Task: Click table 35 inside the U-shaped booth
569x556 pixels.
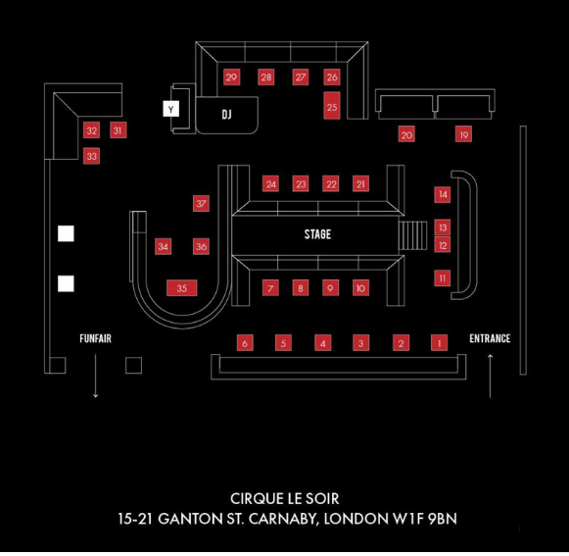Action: pyautogui.click(x=182, y=288)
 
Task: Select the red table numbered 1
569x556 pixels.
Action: pyautogui.click(x=439, y=342)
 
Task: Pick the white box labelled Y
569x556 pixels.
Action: pyautogui.click(x=171, y=109)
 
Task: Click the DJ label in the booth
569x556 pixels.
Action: pyautogui.click(x=227, y=115)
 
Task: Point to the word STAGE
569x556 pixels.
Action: pyautogui.click(x=317, y=234)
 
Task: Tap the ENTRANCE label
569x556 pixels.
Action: pyautogui.click(x=490, y=338)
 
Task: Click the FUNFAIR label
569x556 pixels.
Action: pyautogui.click(x=95, y=338)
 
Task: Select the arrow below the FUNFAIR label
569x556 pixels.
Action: pyautogui.click(x=95, y=376)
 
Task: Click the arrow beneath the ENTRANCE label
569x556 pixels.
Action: pyautogui.click(x=490, y=376)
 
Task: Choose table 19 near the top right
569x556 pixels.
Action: pyautogui.click(x=464, y=134)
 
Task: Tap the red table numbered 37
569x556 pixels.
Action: pyautogui.click(x=201, y=204)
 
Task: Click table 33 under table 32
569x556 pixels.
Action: pyautogui.click(x=91, y=157)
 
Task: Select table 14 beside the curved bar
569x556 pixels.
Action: pyautogui.click(x=443, y=194)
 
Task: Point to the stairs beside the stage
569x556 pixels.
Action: pyautogui.click(x=412, y=235)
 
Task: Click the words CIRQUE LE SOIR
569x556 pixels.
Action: pyautogui.click(x=284, y=498)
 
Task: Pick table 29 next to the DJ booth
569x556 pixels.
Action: pyautogui.click(x=231, y=77)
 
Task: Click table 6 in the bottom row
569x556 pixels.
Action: pyautogui.click(x=245, y=343)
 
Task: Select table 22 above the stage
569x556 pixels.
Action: pyautogui.click(x=331, y=184)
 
